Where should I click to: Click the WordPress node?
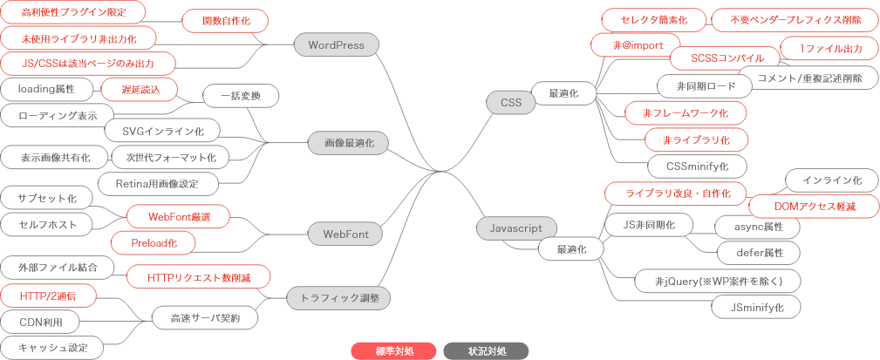tap(336, 44)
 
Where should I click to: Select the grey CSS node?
tap(510, 103)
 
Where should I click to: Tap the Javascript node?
tap(510, 228)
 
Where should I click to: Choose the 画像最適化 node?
tap(348, 142)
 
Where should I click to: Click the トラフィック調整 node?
tap(338, 298)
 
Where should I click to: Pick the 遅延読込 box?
tap(138, 89)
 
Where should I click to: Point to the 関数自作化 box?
tap(224, 21)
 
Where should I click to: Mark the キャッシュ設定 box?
tap(53, 348)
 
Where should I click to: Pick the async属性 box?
tap(754, 227)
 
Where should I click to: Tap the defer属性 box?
tap(754, 254)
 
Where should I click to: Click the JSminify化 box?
tap(754, 307)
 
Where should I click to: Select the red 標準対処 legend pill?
tap(394, 350)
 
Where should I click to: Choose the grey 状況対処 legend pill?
tap(486, 350)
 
